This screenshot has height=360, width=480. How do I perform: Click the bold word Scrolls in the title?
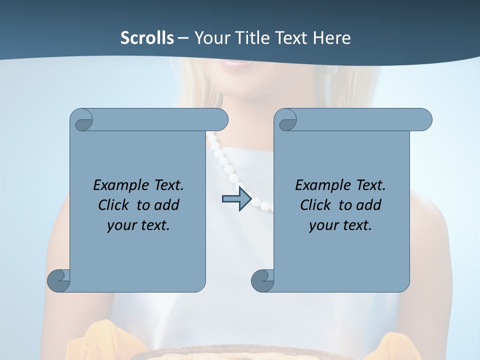click(147, 38)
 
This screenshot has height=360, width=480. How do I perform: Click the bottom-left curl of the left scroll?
click(59, 280)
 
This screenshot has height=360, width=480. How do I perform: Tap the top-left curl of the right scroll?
click(286, 120)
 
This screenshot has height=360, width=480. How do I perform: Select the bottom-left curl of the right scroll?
click(263, 280)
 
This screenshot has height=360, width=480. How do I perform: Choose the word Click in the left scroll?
click(115, 205)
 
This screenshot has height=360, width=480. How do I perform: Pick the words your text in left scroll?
click(138, 225)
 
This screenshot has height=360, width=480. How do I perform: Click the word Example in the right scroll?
click(323, 185)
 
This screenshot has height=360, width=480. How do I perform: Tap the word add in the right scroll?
click(368, 205)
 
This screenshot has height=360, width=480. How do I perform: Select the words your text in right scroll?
click(340, 225)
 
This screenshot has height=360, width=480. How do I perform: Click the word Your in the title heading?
click(210, 38)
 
